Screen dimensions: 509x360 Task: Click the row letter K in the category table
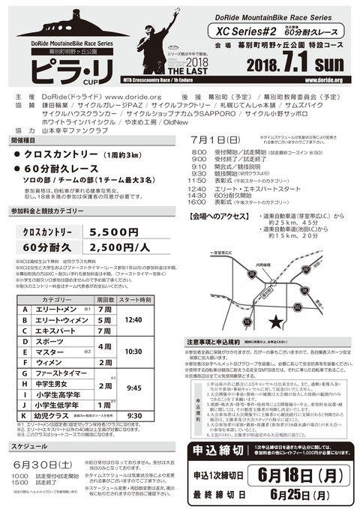click(25, 415)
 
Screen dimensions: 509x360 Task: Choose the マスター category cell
click(52, 351)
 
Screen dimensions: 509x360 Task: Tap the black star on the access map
click(277, 322)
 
